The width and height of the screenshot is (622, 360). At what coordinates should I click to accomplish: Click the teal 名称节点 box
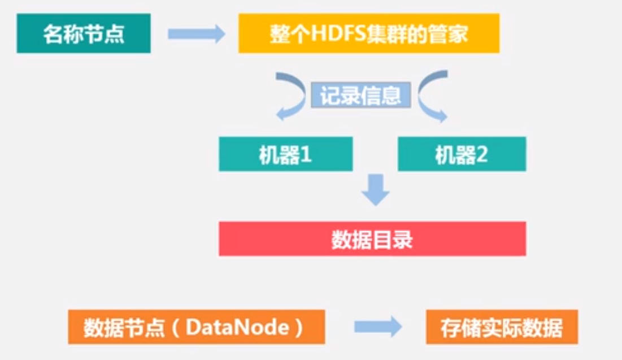(x=84, y=34)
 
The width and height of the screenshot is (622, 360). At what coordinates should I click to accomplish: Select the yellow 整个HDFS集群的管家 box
(x=368, y=34)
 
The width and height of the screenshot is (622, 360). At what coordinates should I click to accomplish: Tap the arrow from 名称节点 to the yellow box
(x=196, y=34)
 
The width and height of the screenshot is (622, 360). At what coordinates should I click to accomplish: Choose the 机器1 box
(x=285, y=154)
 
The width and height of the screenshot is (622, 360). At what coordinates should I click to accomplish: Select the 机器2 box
(x=462, y=154)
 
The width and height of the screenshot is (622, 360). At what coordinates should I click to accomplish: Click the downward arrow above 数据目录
(x=376, y=190)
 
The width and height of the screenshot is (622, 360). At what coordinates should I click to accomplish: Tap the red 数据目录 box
(x=372, y=239)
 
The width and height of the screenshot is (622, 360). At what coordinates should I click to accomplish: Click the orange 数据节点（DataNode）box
(x=196, y=327)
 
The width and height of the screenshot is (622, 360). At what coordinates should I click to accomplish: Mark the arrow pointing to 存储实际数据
(x=377, y=327)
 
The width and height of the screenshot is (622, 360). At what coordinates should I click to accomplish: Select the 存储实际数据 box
(x=502, y=327)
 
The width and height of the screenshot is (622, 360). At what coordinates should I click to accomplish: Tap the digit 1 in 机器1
(x=306, y=154)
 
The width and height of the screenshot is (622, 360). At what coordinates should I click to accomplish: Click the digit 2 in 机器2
(x=481, y=154)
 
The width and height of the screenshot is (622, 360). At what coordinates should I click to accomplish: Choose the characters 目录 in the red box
(x=393, y=240)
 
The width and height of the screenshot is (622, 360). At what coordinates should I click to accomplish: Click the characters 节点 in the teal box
(x=104, y=34)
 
